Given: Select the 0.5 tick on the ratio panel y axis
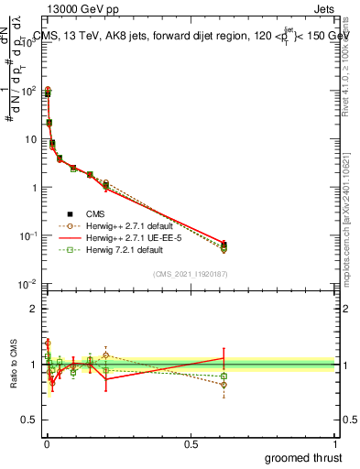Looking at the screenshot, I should tap(30, 420).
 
